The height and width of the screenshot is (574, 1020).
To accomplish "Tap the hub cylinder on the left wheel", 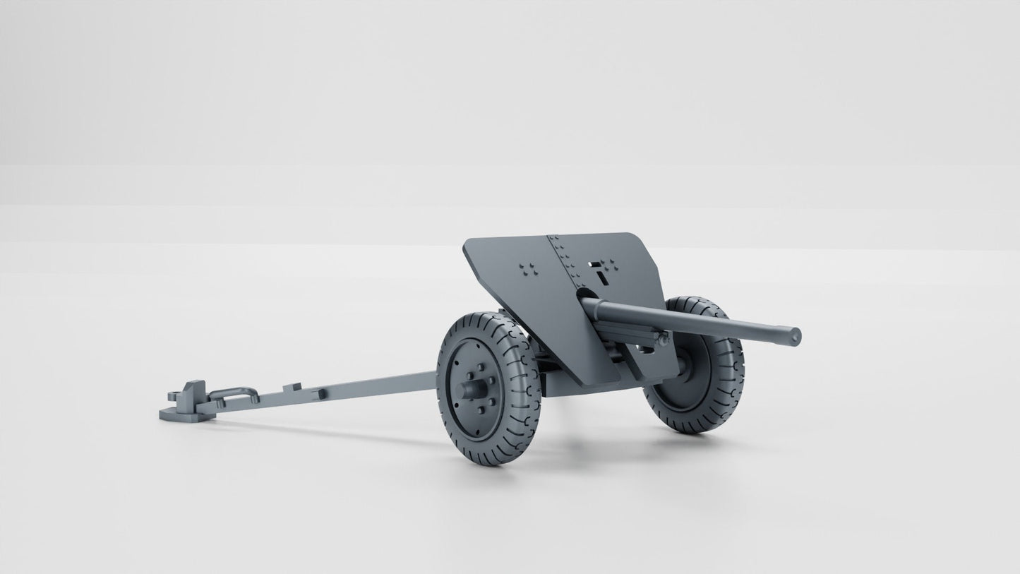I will coord(472,389).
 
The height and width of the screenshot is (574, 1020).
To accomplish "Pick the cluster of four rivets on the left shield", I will coord(527,269).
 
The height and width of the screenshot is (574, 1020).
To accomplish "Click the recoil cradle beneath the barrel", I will coord(628,332).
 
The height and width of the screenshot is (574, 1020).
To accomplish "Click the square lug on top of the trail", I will coord(292,387).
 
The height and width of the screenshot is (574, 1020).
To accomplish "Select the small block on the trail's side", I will coord(320,393).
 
